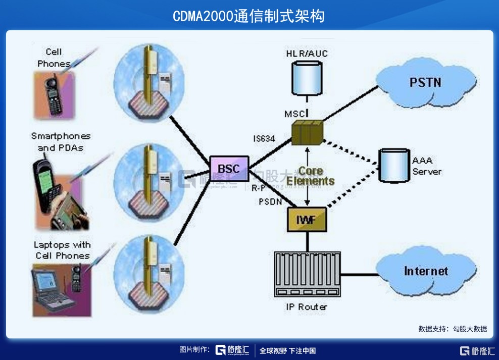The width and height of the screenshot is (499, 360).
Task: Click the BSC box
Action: [229, 168]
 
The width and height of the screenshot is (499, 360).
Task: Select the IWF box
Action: [307, 218]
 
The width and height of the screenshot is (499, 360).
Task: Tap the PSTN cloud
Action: [426, 82]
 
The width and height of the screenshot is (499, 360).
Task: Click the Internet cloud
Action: [425, 271]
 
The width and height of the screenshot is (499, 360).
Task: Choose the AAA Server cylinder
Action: [394, 165]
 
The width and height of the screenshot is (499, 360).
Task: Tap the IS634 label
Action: [264, 137]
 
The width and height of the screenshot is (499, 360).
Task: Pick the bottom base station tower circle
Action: [145, 273]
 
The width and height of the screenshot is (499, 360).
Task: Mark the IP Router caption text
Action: [307, 306]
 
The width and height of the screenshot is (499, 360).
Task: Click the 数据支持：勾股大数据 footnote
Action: [453, 329]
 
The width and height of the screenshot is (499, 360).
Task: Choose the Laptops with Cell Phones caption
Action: [62, 250]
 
